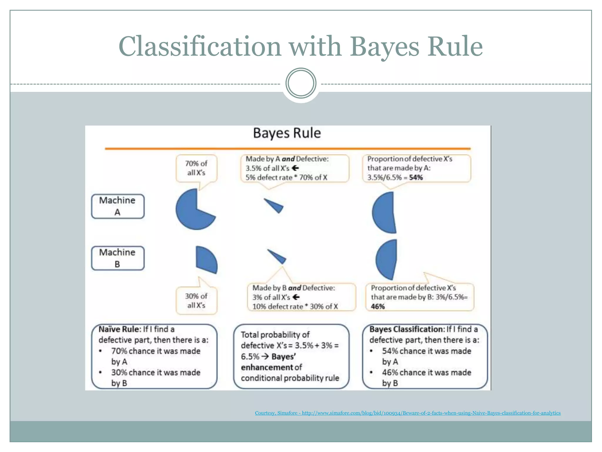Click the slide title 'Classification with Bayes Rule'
tap(300, 46)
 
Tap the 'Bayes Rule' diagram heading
tap(287, 133)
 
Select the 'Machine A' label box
tap(118, 206)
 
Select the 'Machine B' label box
tap(118, 258)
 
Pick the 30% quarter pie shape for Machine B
tap(206, 259)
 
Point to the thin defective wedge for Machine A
tap(275, 205)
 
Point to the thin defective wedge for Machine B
tap(278, 257)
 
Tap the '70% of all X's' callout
tap(196, 168)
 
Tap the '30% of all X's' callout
tap(196, 300)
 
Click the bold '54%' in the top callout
tap(416, 177)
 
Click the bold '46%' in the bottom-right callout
tap(378, 307)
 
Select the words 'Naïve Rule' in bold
tap(119, 329)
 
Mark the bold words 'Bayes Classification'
tap(407, 329)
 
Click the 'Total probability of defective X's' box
tap(291, 356)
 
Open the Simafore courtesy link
tap(408, 413)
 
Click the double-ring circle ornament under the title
tap(301, 83)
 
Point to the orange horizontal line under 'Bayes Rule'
tap(287, 149)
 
